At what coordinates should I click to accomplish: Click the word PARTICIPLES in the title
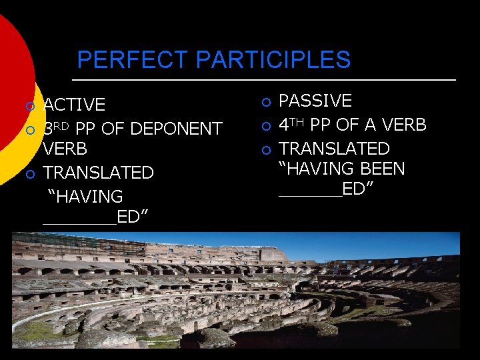click(x=273, y=60)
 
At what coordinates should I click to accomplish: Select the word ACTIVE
click(x=74, y=105)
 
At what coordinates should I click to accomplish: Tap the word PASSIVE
click(x=315, y=101)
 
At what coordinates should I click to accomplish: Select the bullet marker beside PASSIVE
click(x=265, y=103)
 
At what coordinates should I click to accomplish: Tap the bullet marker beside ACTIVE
click(x=29, y=106)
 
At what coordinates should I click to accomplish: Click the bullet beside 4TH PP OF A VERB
click(x=265, y=126)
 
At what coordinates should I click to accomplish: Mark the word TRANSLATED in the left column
click(x=98, y=173)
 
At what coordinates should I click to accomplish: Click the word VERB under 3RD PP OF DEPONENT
click(x=65, y=149)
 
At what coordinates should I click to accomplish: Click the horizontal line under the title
click(x=267, y=80)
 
